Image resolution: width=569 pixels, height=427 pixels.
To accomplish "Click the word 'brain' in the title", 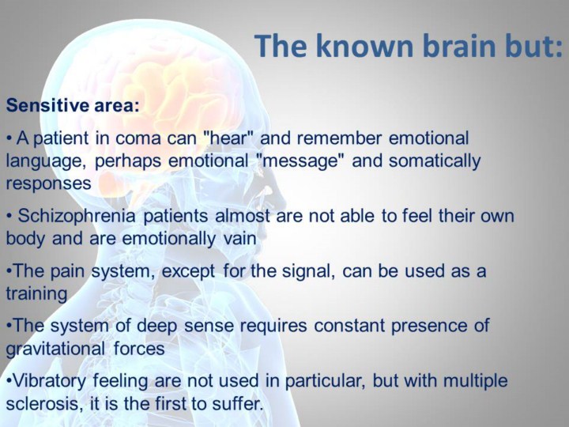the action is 458,46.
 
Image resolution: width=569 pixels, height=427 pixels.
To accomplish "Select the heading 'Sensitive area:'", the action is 73,105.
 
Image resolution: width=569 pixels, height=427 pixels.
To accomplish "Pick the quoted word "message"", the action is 300,161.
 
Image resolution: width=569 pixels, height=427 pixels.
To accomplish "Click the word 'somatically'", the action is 435,161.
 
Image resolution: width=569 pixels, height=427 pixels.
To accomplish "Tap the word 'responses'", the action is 48,183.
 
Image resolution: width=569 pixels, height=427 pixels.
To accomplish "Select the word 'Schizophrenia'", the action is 77,216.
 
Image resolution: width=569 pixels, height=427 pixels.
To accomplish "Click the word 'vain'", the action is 240,239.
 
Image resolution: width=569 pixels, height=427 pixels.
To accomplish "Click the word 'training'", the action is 36,294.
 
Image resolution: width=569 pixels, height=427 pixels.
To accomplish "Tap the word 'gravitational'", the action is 55,349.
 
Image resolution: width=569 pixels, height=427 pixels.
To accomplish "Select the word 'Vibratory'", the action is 49,381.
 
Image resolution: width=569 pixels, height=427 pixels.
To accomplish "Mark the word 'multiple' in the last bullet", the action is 476,381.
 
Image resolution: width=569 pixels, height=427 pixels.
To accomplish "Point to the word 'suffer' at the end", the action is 237,404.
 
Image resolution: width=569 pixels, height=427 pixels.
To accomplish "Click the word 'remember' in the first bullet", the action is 339,138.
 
